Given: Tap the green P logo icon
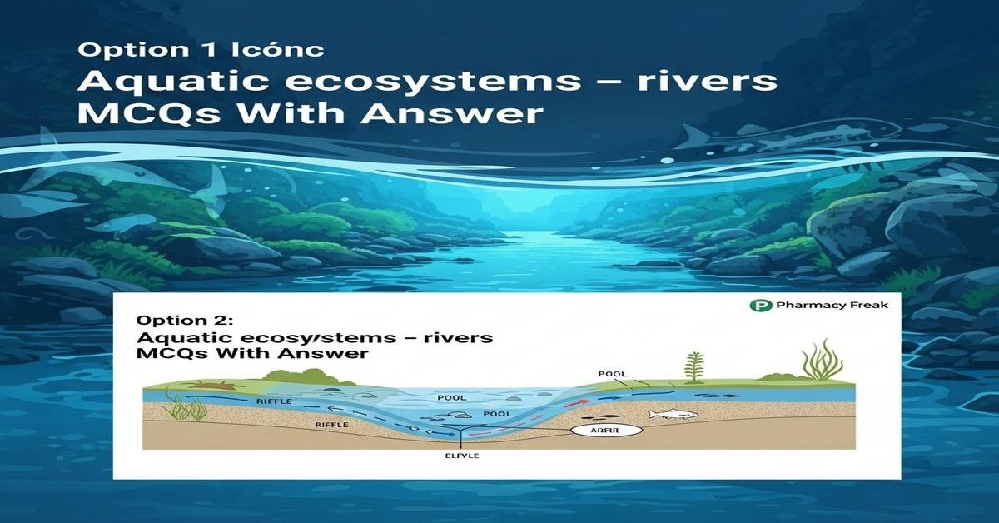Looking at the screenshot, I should point(759,306).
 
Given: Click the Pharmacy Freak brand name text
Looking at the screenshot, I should point(832,306).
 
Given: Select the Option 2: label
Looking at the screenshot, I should point(174,321).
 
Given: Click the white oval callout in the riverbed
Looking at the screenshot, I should point(605,431).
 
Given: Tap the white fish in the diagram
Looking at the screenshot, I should point(671,414).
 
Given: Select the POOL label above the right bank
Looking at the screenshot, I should point(612,374).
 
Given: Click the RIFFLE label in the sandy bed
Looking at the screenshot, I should point(331,425).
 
